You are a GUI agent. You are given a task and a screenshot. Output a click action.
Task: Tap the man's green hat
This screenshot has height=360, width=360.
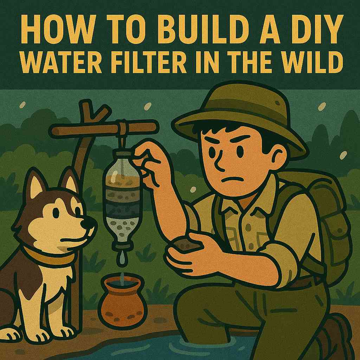tap(239, 112)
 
